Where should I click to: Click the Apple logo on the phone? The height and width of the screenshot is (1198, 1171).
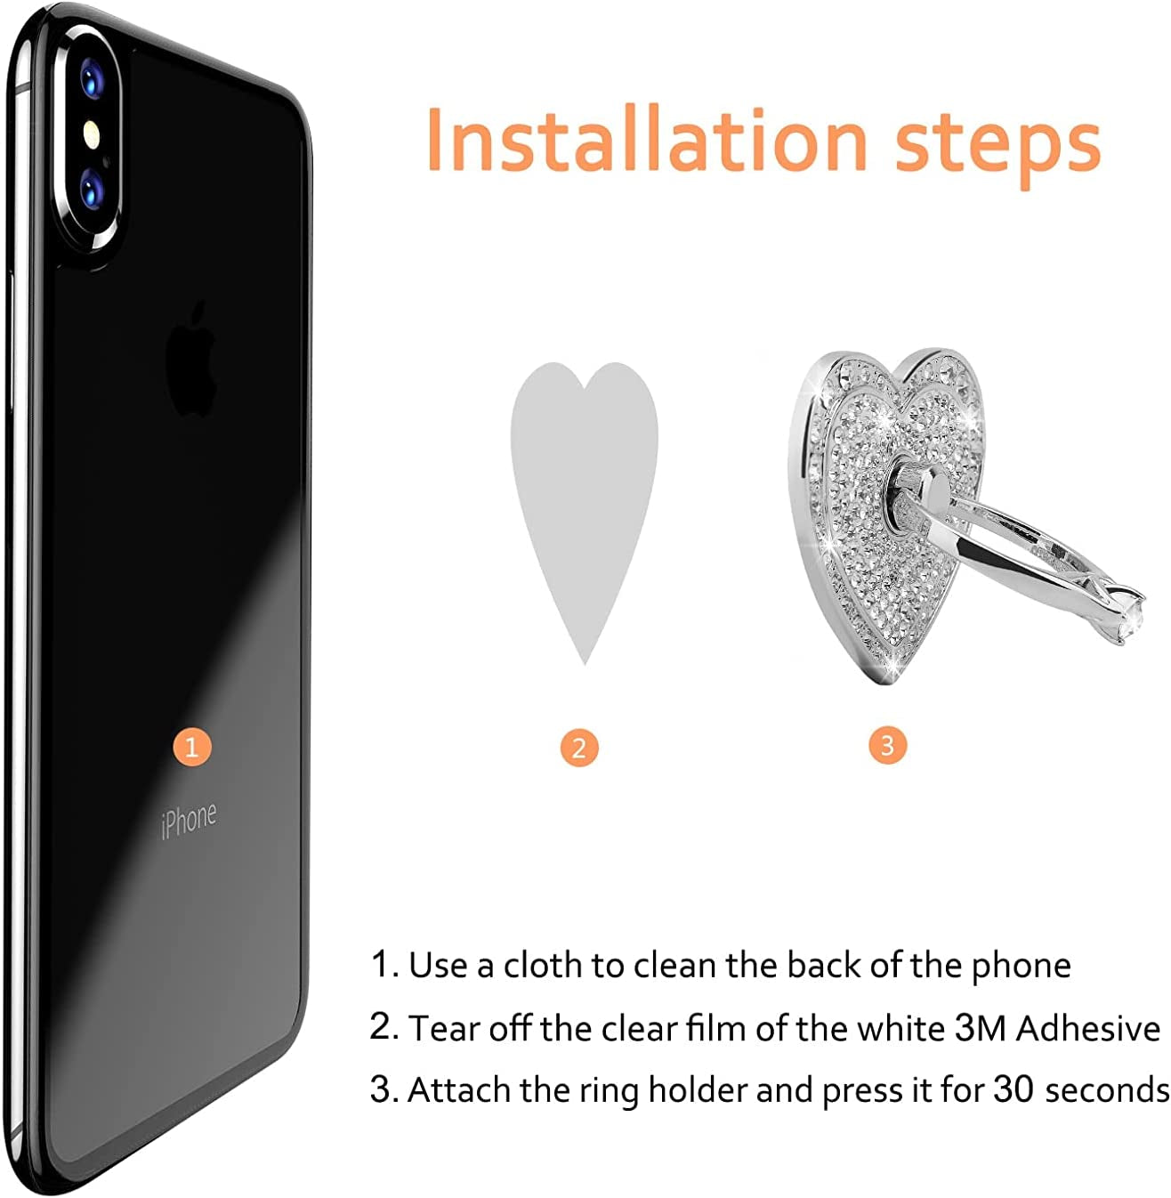(193, 360)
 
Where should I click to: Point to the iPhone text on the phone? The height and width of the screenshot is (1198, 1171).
(189, 820)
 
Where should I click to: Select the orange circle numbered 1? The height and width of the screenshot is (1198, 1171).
(191, 746)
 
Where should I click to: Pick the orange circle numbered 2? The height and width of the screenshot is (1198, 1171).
(579, 748)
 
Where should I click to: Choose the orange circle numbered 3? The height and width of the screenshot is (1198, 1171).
(886, 745)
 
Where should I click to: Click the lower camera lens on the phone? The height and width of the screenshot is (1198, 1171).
(91, 189)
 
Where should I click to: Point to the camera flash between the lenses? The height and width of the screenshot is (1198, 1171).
(90, 134)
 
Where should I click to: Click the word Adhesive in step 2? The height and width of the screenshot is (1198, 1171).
(1088, 1029)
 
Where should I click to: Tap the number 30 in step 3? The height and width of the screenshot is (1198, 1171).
(1014, 1090)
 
